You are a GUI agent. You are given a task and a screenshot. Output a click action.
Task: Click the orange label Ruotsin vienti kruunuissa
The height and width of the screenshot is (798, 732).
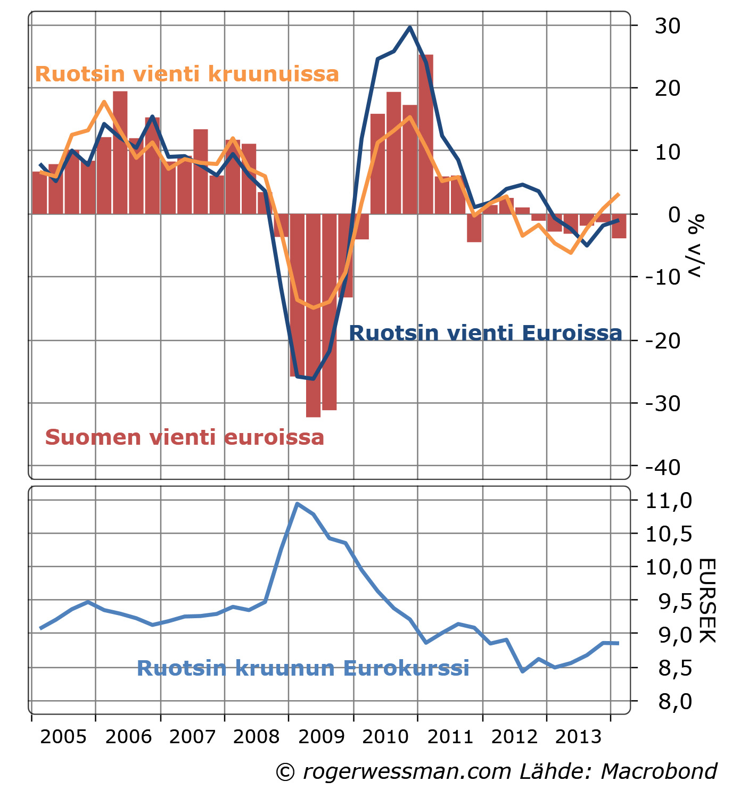(x=187, y=74)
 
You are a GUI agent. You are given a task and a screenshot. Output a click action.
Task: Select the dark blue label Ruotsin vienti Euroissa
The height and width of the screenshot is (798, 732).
(x=485, y=334)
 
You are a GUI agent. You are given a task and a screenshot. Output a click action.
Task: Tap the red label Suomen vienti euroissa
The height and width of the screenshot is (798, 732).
(x=185, y=437)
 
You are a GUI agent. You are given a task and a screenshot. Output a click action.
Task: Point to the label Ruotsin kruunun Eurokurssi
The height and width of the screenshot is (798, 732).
(x=303, y=668)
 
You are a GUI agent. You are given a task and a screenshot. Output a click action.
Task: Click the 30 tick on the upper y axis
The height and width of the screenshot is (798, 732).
(x=668, y=26)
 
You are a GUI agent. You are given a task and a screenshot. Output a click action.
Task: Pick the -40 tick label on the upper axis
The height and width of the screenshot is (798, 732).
(x=663, y=467)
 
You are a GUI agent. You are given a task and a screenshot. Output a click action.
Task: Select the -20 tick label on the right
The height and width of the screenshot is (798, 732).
(x=663, y=340)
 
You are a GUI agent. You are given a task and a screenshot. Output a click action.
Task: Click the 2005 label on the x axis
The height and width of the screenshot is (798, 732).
(x=63, y=737)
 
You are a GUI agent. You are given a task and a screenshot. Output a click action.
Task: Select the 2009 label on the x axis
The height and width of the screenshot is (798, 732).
(x=322, y=737)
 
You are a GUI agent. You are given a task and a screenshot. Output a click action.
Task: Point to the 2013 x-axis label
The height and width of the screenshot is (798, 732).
(x=579, y=737)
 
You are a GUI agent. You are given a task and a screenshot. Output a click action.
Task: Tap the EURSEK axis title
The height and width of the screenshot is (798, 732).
(x=706, y=601)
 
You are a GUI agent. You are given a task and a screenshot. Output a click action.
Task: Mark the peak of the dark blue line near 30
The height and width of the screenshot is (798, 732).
(x=409, y=27)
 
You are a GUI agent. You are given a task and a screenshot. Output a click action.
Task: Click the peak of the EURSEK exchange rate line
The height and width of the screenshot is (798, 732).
(x=297, y=503)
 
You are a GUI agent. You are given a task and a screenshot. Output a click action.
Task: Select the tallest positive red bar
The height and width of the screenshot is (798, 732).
(x=425, y=133)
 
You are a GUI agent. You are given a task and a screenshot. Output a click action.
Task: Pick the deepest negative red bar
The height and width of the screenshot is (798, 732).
(x=313, y=315)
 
